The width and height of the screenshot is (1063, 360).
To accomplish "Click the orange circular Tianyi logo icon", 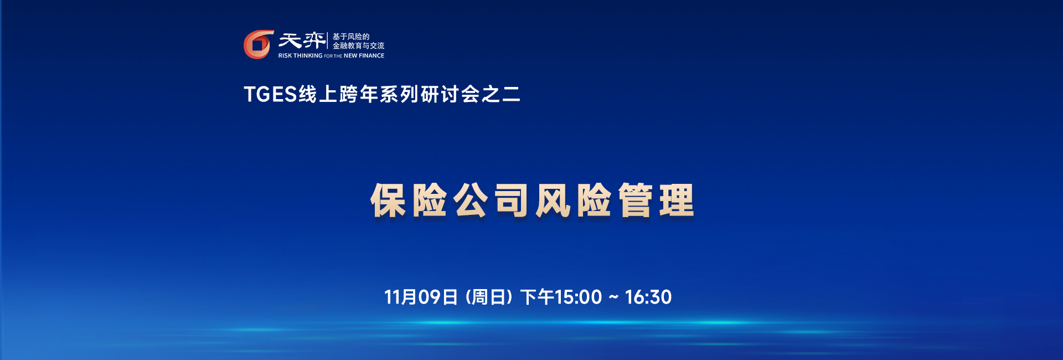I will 259,44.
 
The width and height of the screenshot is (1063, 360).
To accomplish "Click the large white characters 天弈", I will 302,40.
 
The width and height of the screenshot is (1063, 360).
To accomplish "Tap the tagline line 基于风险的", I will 350,37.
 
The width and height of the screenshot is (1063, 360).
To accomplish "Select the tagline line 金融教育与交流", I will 358,46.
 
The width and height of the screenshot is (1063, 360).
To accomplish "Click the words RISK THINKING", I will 300,55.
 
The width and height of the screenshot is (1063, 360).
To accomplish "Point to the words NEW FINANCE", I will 364,55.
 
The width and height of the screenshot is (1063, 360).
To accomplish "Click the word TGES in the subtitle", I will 270,94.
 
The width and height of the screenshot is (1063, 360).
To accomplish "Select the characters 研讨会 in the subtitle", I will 440,94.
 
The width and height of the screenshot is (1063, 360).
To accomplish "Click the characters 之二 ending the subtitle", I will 500,94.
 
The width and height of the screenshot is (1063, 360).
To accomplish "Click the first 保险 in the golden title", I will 409,200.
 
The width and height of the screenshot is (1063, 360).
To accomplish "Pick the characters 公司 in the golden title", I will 491,200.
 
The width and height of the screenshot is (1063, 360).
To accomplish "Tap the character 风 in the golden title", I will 553,200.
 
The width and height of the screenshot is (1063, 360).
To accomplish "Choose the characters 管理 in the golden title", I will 656,200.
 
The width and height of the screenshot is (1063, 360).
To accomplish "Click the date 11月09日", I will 421,297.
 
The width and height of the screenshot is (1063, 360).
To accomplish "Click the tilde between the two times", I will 613,297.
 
